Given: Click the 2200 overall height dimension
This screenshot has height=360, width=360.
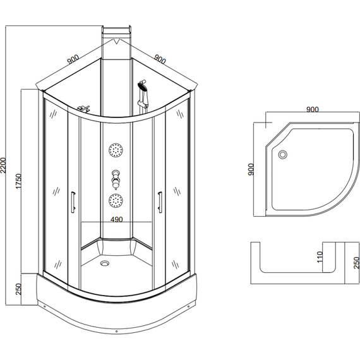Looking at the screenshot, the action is click(3, 165).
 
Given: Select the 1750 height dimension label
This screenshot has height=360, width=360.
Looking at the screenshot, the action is click(18, 181).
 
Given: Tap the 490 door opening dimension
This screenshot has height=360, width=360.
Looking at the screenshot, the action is click(117, 220).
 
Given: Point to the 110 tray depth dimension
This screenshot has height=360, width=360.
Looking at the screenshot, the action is click(320, 257).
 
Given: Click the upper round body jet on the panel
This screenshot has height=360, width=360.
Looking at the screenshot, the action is click(116, 150).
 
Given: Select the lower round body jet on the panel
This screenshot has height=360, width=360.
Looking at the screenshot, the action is click(116, 200).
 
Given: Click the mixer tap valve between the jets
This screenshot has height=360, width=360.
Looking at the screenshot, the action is click(116, 179).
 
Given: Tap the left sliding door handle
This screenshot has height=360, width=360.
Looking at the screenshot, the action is click(73, 203).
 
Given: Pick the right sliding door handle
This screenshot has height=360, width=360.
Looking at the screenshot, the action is click(160, 202).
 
